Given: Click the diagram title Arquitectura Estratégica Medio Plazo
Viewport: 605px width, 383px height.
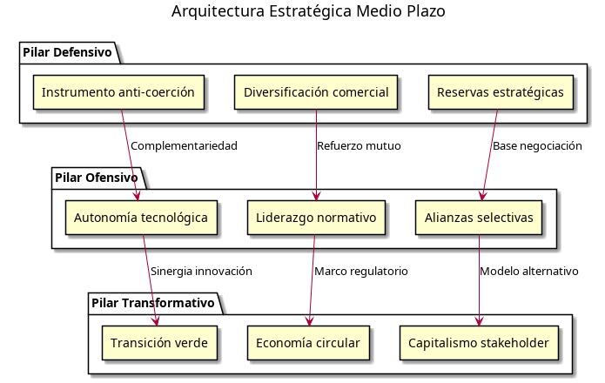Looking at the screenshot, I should [x=308, y=11].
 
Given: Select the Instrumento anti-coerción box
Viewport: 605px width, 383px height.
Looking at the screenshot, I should [x=118, y=92].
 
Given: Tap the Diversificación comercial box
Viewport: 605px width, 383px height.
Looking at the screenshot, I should [x=315, y=92].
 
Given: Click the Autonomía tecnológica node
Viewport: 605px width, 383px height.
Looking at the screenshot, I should [x=140, y=217].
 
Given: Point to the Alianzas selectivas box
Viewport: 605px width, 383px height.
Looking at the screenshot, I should [x=478, y=217].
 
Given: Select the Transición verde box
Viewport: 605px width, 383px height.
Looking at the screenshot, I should [x=158, y=343].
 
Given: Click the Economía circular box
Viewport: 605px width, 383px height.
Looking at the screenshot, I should [x=308, y=343].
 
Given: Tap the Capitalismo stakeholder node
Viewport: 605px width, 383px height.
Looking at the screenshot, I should [x=479, y=343].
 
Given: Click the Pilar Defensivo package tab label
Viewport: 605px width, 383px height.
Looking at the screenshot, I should [x=68, y=52].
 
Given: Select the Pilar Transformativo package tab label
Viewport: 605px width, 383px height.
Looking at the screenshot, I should [x=151, y=303].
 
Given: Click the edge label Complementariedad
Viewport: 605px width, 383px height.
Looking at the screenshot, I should [x=184, y=146].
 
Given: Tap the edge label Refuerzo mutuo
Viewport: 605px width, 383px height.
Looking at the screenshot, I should [x=359, y=146].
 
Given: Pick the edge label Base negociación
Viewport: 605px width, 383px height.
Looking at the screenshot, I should [x=537, y=146].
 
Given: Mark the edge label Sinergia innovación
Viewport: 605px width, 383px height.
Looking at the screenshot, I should [x=201, y=272].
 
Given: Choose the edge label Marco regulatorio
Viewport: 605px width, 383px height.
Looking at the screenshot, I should [x=360, y=272].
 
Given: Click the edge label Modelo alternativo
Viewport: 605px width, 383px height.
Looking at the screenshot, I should [x=529, y=272].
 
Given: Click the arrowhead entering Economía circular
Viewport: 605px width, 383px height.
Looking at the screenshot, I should [x=308, y=321].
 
